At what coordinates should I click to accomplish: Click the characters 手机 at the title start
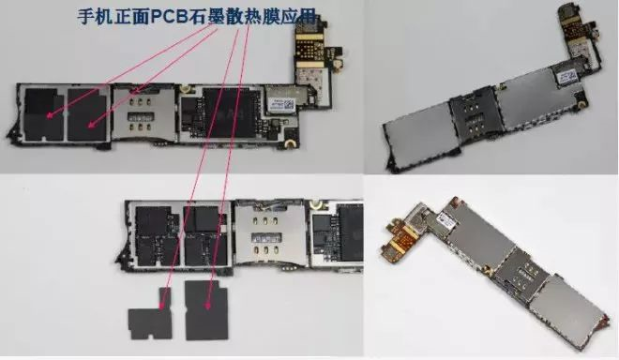tap(93, 15)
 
